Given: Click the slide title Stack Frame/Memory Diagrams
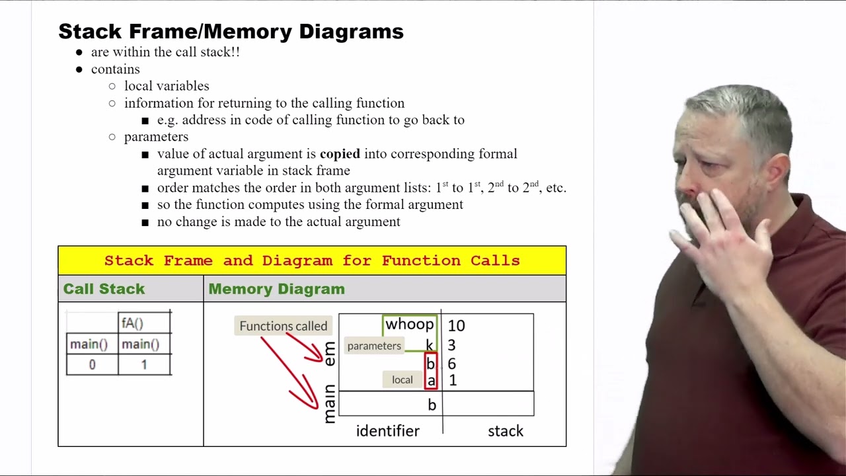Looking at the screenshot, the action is (231, 31).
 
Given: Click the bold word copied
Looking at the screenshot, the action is (340, 154).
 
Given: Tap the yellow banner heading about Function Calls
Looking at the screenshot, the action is (312, 260).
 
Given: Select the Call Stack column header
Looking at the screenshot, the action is (104, 289).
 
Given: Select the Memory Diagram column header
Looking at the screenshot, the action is (276, 289).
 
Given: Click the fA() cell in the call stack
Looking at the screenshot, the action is (144, 323).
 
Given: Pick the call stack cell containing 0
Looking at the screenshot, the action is (92, 364).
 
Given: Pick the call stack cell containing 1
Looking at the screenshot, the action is (144, 364).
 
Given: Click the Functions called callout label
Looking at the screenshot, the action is (284, 326).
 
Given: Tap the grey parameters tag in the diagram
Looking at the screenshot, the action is (374, 346).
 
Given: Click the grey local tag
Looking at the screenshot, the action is (403, 379).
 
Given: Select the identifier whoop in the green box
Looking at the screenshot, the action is (409, 324).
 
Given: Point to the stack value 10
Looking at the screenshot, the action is (456, 326).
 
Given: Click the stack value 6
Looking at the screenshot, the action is (451, 364).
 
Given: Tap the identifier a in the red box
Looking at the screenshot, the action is (432, 381).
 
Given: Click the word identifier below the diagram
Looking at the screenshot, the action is (387, 431).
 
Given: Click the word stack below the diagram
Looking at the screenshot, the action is (506, 431).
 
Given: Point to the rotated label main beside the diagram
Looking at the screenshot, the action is (330, 403).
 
